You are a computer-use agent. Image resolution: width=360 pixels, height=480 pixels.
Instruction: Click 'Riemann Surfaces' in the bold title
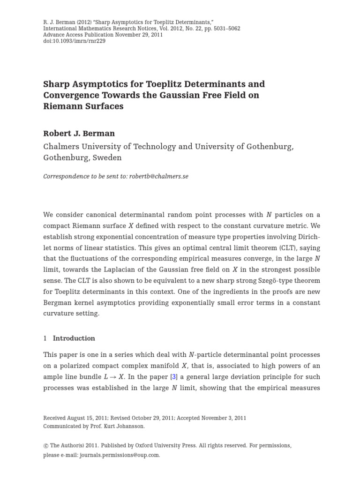tap(83, 106)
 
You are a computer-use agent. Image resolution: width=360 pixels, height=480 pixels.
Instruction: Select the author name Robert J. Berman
tap(79, 134)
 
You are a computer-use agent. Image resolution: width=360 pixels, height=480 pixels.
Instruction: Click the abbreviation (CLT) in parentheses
tap(281, 247)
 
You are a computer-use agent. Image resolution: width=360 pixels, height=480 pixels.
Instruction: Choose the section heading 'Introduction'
tap(74, 338)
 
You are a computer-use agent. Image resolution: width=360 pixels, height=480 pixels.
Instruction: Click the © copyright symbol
tap(45, 446)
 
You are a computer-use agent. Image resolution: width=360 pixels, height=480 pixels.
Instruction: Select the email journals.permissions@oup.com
tap(120, 455)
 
